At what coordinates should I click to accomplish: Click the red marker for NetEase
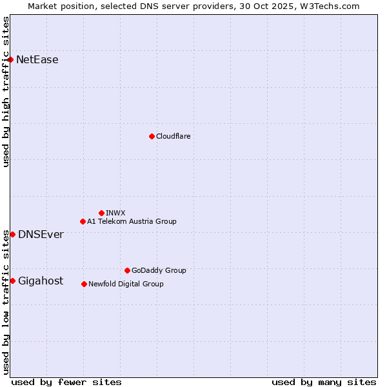(x=10, y=60)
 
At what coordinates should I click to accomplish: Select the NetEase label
(x=37, y=60)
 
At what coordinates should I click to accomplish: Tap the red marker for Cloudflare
(x=152, y=136)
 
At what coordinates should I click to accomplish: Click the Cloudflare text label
(x=173, y=136)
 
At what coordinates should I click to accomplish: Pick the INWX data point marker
(x=101, y=213)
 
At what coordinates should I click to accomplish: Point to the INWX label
(x=115, y=213)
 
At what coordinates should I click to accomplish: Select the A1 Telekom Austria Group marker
(x=83, y=221)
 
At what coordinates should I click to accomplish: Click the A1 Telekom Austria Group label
(x=132, y=221)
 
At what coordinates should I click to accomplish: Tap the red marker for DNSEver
(x=12, y=234)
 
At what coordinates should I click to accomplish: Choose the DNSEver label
(x=41, y=234)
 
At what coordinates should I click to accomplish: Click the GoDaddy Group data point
(x=127, y=270)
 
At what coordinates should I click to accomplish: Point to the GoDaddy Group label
(x=159, y=270)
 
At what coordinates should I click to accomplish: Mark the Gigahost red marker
(x=12, y=281)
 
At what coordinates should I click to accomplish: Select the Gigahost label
(x=41, y=281)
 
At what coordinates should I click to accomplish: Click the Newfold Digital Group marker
(x=84, y=284)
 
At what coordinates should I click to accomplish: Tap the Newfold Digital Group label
(x=126, y=284)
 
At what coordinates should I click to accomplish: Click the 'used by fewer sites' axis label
(x=66, y=382)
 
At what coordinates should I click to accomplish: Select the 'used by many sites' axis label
(x=324, y=382)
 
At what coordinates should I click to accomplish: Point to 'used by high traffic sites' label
(x=6, y=91)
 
